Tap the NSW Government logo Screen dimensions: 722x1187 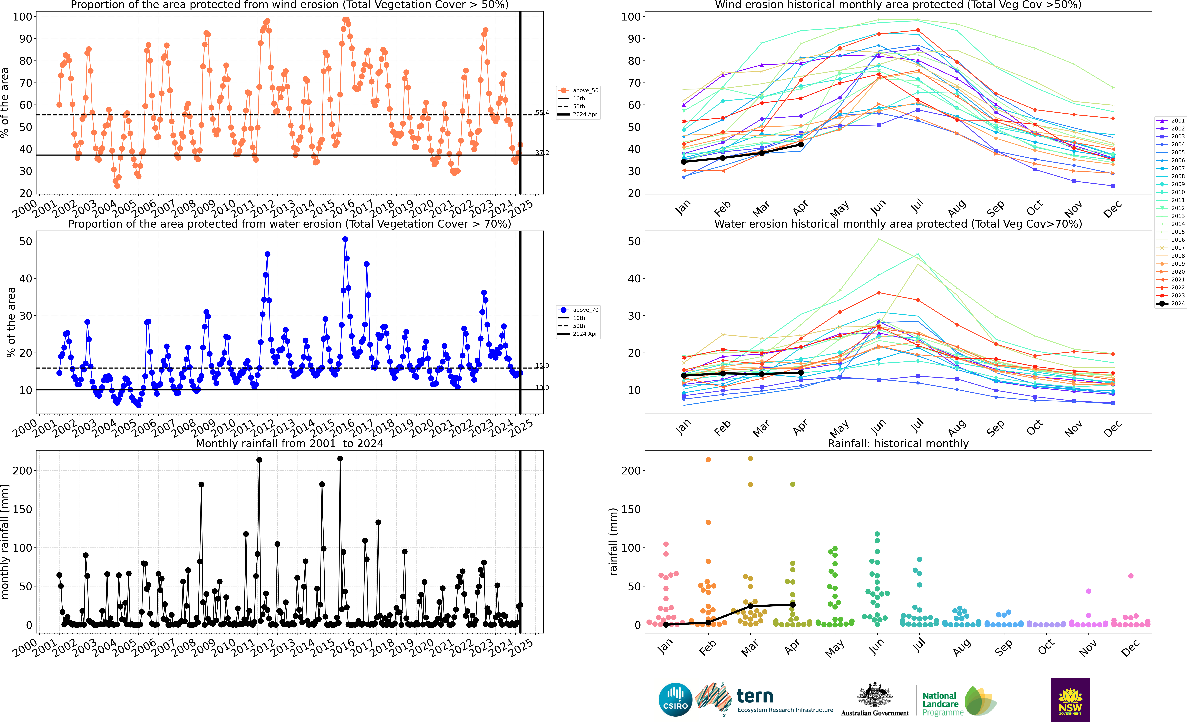click(x=1070, y=699)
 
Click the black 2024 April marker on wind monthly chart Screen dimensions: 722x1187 click(x=801, y=144)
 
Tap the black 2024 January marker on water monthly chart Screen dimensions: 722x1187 click(x=684, y=375)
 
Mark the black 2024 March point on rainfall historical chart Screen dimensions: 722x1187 click(x=750, y=606)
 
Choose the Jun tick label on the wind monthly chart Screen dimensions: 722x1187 click(x=878, y=208)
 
